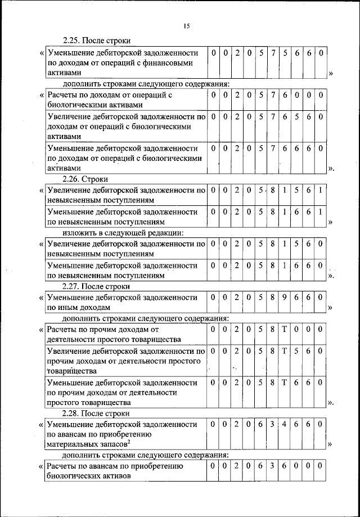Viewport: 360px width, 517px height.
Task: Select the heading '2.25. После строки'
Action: point(96,41)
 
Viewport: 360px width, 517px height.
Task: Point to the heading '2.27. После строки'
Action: point(96,286)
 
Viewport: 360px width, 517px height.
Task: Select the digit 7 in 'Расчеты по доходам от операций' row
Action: point(273,95)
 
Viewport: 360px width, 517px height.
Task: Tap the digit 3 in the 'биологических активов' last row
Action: point(273,466)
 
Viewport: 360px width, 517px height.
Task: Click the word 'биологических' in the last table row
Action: point(71,476)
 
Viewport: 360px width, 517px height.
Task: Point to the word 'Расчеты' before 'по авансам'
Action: point(62,466)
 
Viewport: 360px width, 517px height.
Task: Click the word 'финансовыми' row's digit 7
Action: point(273,53)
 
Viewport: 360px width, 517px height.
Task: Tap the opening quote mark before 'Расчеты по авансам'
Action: point(42,466)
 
